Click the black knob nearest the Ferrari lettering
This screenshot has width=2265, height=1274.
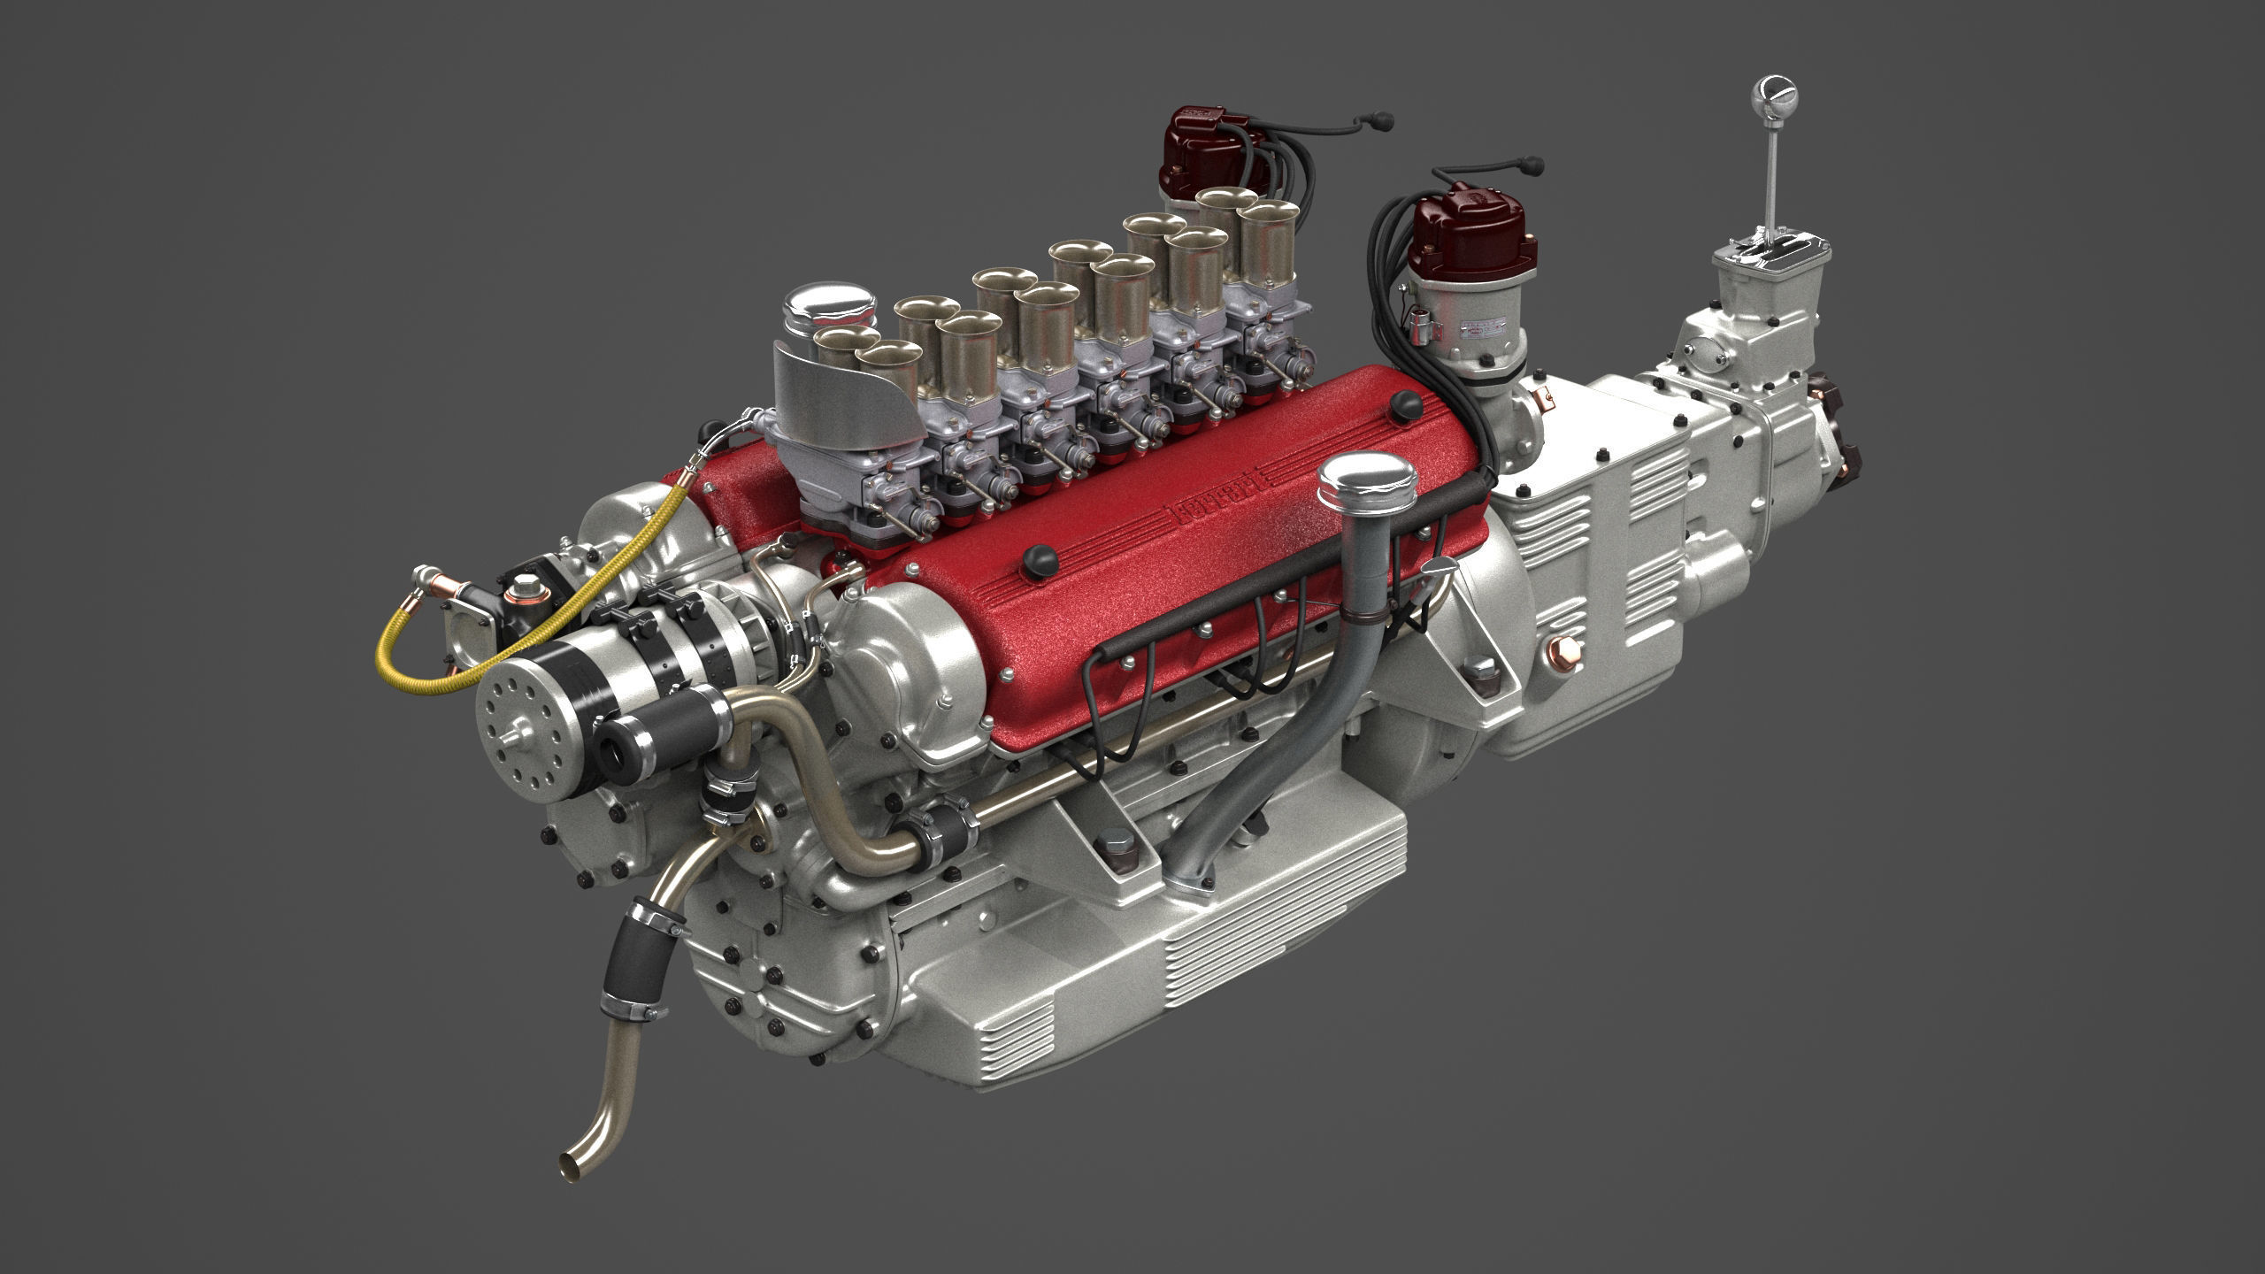coord(1037,559)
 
